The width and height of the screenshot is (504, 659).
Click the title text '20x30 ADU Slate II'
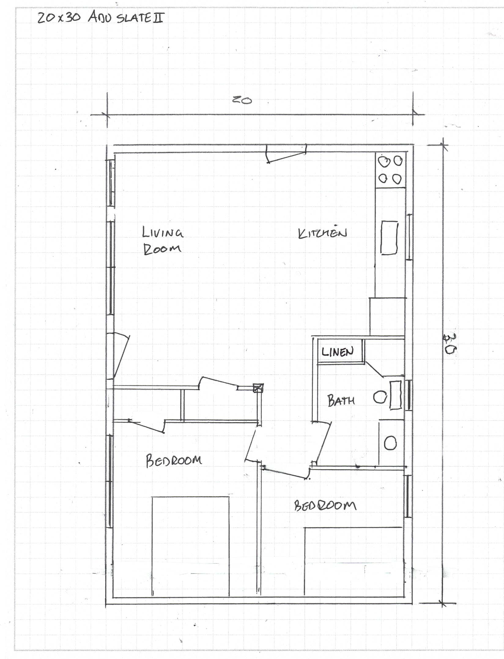101,17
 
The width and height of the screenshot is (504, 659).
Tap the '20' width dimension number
242,100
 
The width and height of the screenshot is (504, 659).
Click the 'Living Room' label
163,240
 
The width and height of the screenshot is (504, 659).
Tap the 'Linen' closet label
338,352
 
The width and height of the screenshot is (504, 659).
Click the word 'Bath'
341,400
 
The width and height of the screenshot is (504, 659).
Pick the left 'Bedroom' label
174,461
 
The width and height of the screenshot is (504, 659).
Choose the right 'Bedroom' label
325,506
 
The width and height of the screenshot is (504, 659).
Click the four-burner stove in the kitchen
391,170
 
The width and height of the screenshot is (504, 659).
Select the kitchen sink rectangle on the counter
389,238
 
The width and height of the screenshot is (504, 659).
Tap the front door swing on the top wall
286,154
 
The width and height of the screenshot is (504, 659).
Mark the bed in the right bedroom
354,561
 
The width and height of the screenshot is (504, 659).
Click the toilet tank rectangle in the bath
395,395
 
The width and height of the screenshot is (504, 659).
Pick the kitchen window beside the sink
409,237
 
